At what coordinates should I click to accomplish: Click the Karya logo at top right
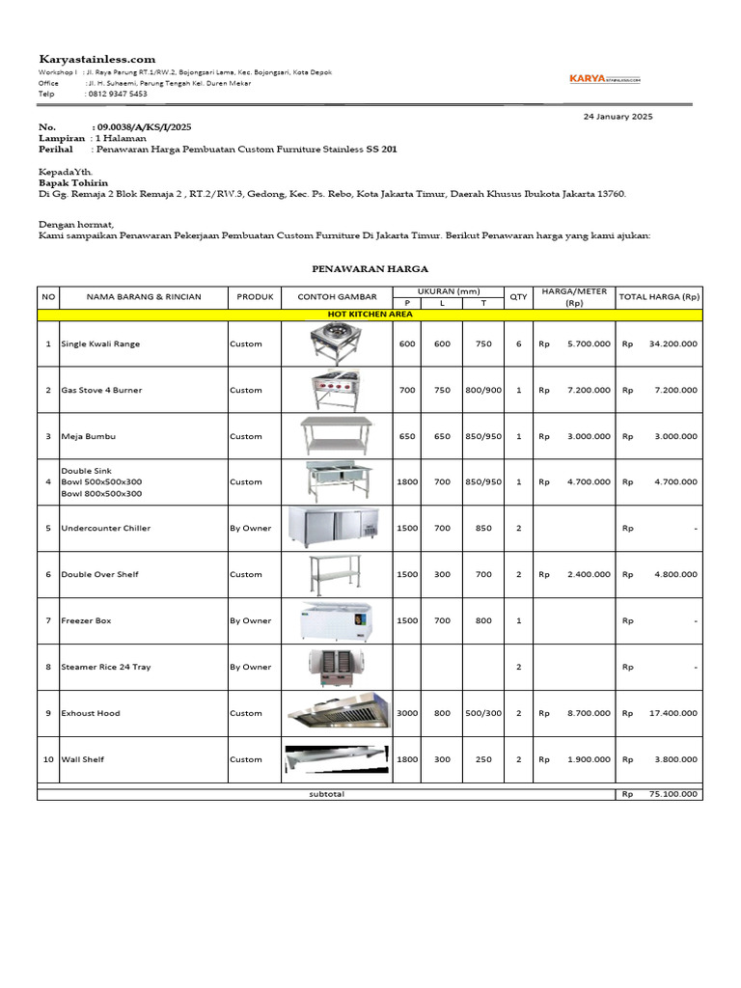604,80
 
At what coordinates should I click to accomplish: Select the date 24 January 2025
618,116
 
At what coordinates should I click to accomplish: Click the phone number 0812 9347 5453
117,94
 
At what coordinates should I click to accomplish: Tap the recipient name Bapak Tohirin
73,182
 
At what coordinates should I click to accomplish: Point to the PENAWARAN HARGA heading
370,269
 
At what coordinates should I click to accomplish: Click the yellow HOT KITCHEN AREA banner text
370,315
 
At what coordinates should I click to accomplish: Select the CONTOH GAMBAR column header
338,296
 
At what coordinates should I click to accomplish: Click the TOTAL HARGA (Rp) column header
659,296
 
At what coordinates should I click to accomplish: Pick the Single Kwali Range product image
338,343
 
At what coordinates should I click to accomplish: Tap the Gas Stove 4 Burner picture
338,390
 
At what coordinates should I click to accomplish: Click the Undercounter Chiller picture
338,528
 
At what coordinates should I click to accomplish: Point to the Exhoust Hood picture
338,712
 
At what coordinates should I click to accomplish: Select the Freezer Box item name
86,620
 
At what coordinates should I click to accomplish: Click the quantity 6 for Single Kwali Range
518,343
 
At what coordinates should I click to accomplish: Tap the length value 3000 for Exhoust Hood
407,713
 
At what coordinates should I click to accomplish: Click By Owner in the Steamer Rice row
250,667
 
